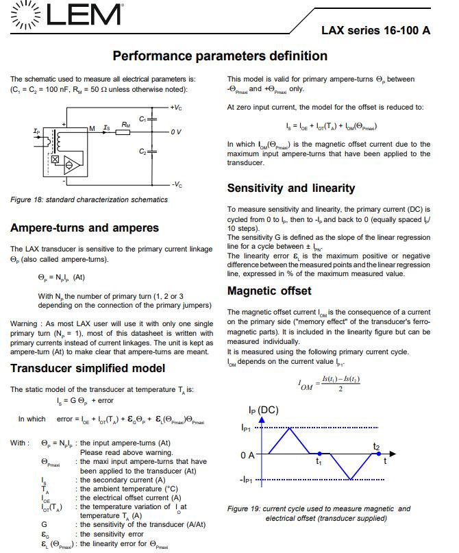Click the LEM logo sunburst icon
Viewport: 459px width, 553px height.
click(23, 15)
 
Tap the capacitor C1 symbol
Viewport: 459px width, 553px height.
click(152, 119)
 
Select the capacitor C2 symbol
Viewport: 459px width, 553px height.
click(152, 151)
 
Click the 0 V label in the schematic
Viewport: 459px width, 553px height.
click(176, 131)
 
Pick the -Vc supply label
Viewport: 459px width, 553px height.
click(176, 185)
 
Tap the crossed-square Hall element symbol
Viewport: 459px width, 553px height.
click(55, 160)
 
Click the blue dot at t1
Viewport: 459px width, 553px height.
click(320, 454)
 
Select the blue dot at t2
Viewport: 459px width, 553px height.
click(376, 454)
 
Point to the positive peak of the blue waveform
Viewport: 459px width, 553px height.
click(290, 428)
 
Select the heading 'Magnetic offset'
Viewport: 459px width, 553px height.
click(269, 291)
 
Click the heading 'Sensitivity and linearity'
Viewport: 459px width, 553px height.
click(290, 188)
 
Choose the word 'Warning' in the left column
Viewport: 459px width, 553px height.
click(25, 323)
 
